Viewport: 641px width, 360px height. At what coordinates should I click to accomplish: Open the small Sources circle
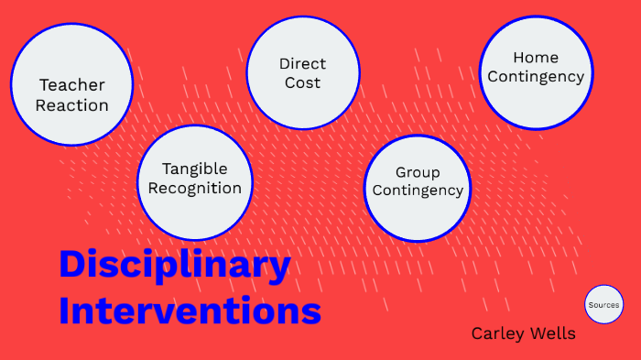coord(603,304)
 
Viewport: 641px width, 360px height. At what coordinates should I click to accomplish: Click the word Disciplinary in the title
coord(174,266)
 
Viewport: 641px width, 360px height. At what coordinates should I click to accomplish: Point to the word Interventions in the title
coord(190,310)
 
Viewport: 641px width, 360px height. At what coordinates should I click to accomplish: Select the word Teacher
coord(71,85)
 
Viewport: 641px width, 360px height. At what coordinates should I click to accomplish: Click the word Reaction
coord(71,104)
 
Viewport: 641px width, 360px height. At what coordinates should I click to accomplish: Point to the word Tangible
coord(194,169)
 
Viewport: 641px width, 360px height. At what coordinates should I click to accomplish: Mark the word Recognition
coord(194,188)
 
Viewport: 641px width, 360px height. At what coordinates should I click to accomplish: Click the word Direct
coord(302,64)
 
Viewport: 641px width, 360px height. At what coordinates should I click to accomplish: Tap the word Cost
coord(302,82)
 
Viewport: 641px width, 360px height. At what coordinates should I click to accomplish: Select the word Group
coord(418,172)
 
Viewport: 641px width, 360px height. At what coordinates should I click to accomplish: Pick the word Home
coord(536,58)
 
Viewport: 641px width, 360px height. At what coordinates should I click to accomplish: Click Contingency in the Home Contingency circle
coord(536,77)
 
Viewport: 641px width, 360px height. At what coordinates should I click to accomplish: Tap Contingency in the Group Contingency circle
coord(418,191)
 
